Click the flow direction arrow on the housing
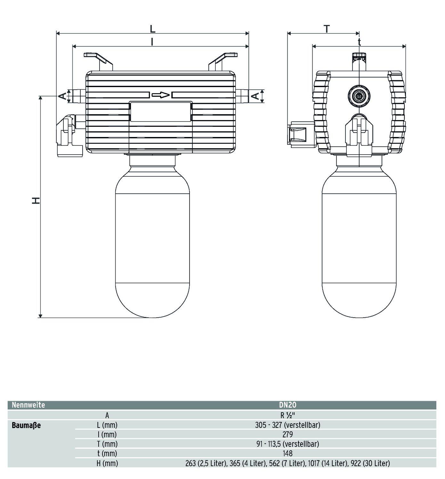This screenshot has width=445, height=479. pyautogui.click(x=160, y=95)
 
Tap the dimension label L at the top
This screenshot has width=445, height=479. pyautogui.click(x=153, y=29)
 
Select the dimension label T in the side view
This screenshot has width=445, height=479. pyautogui.click(x=327, y=29)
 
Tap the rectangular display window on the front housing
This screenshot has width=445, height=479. pyautogui.click(x=161, y=111)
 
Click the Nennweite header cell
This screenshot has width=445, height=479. pyautogui.click(x=28, y=405)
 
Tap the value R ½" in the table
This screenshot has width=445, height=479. pyautogui.click(x=287, y=415)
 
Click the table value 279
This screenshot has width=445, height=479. pyautogui.click(x=287, y=434)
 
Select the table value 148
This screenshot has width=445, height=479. pyautogui.click(x=287, y=453)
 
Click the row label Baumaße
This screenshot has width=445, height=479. pyautogui.click(x=26, y=426)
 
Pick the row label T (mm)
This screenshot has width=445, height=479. pyautogui.click(x=107, y=444)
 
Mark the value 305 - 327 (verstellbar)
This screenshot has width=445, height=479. pyautogui.click(x=287, y=425)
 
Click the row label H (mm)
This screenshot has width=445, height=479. pyautogui.click(x=107, y=463)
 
